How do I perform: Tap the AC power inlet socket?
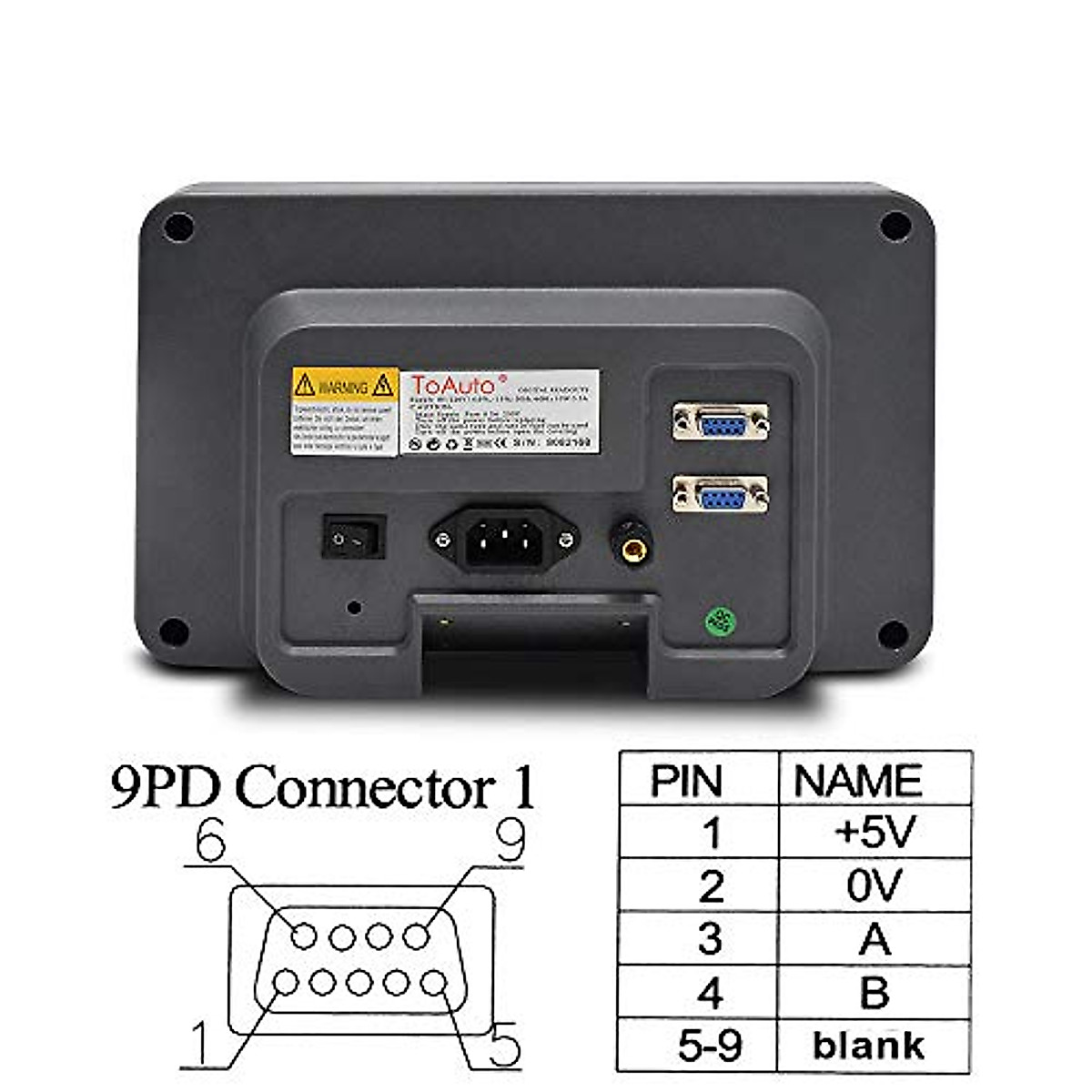click(x=503, y=541)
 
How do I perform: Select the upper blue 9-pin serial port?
click(x=720, y=422)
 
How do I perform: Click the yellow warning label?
click(x=344, y=410)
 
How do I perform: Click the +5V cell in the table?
click(x=874, y=833)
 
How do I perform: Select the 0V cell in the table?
click(x=874, y=885)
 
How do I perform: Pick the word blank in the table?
click(x=868, y=1045)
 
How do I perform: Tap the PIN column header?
click(x=687, y=781)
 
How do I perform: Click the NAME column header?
click(x=857, y=781)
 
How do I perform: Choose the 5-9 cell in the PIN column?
click(x=710, y=1045)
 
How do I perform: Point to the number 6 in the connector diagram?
click(x=210, y=843)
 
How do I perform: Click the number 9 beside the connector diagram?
click(x=511, y=841)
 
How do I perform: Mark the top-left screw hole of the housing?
click(x=178, y=227)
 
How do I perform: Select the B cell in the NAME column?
click(x=874, y=992)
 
